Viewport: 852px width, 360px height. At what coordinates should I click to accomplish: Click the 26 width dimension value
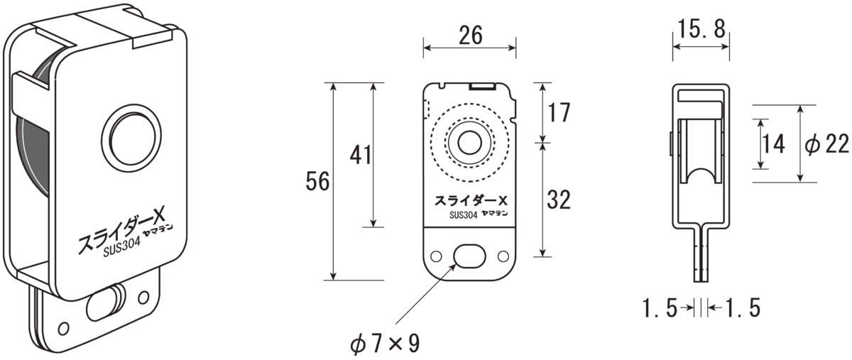471,36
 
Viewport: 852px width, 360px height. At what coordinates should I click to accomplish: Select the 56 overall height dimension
317,181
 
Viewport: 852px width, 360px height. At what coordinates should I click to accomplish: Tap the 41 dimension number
360,156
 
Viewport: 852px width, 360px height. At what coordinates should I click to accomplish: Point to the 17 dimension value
559,113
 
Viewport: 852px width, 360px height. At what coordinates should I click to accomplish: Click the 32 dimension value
559,200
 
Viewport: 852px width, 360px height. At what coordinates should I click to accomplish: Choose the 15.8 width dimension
701,29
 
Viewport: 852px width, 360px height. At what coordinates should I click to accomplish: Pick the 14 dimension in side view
774,144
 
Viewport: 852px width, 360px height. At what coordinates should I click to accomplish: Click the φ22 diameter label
827,145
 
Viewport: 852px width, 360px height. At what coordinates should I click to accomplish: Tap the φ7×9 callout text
385,344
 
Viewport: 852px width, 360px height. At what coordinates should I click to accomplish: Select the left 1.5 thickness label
660,308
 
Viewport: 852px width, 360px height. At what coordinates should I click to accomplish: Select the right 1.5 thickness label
743,308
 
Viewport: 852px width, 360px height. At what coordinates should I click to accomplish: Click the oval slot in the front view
470,256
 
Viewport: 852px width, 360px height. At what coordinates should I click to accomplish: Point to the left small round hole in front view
436,256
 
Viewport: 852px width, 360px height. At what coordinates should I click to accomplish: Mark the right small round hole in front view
503,256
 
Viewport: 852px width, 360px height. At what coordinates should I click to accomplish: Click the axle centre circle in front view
470,143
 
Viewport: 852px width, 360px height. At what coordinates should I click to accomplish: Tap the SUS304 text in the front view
463,215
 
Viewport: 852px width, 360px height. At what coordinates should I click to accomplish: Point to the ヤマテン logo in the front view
494,214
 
